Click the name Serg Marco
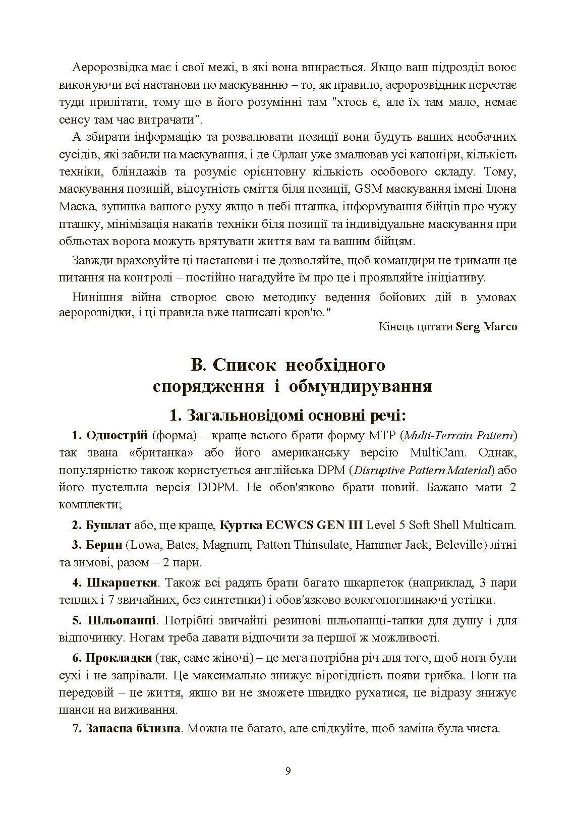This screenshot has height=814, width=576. (x=487, y=326)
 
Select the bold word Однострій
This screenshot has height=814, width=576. (x=117, y=435)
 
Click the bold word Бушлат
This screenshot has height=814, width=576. (x=108, y=525)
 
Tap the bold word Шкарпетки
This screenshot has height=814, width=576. (x=123, y=583)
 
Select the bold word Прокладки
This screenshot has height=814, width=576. (x=119, y=658)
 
